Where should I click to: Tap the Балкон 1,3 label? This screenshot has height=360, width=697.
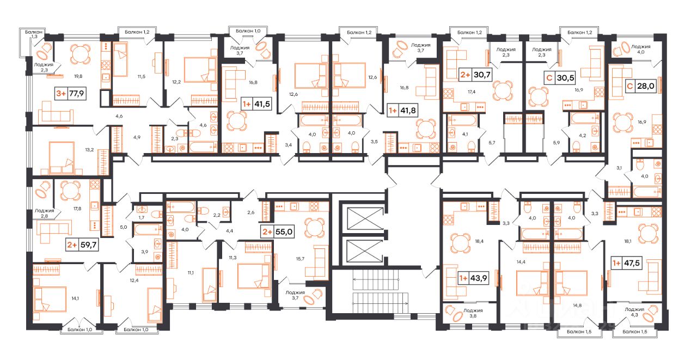click(x=34, y=34)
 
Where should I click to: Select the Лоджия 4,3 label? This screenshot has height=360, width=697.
click(x=634, y=312)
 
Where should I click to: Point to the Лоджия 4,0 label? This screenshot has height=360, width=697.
click(x=641, y=49)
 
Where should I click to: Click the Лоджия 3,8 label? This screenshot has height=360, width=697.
click(x=473, y=313)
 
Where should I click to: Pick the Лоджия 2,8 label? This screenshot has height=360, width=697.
click(x=44, y=213)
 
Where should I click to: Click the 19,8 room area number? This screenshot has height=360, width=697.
click(x=78, y=76)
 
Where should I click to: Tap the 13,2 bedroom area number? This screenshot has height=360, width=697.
click(x=89, y=150)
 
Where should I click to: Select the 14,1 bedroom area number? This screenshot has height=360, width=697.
click(x=75, y=298)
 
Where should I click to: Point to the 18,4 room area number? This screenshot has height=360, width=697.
click(x=479, y=241)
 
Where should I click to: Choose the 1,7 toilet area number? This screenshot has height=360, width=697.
click(x=142, y=217)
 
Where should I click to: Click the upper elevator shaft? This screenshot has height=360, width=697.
click(x=365, y=218)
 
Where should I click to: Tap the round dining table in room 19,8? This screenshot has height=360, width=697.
click(x=80, y=53)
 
